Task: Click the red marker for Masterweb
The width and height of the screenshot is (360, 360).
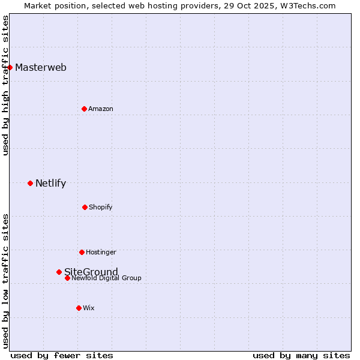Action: (10, 67)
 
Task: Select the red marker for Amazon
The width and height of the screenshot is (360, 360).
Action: (85, 109)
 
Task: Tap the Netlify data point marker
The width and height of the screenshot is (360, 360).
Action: (31, 183)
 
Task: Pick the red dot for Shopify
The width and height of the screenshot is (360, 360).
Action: (85, 207)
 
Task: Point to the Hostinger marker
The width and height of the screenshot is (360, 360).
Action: (82, 252)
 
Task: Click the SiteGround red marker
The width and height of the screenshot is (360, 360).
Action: (59, 272)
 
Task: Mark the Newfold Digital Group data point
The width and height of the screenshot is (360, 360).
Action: (67, 278)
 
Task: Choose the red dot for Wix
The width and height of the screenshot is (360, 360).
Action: (79, 308)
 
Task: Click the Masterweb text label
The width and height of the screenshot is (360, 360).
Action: (41, 67)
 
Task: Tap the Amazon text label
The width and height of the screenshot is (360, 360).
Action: (101, 109)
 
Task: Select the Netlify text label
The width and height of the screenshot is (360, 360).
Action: (50, 183)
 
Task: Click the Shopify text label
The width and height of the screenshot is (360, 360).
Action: (101, 207)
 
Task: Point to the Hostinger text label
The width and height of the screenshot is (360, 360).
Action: (101, 252)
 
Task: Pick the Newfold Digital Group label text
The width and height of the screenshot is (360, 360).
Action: (107, 278)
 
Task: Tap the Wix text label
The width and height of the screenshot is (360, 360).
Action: (89, 308)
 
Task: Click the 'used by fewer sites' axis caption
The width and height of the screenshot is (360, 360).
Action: (62, 355)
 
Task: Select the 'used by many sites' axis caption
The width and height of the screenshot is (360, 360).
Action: (301, 355)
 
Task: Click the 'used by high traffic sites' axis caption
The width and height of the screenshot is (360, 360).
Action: (5, 85)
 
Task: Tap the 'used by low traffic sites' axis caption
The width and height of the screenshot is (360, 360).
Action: (5, 281)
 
